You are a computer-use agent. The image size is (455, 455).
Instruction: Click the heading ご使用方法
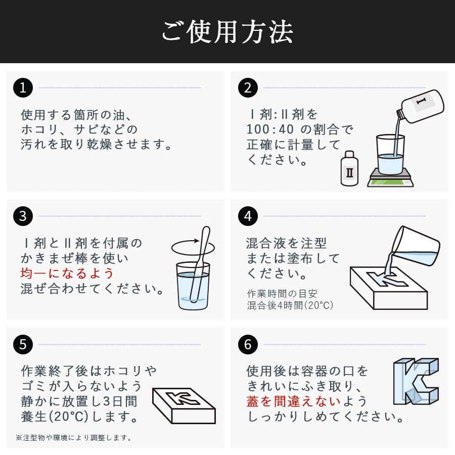pos(227,32)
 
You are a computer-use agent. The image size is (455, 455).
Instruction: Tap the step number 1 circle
pos(23,87)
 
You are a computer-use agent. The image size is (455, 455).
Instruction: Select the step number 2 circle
pos(248,87)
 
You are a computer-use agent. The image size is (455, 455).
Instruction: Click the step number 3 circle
pos(23,216)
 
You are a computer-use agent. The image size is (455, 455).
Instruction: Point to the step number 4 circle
pos(248,216)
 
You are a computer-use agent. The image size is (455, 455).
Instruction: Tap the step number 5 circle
pos(23,344)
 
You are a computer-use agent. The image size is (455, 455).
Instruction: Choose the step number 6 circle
pos(248,344)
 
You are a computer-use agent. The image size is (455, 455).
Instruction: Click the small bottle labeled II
pos(349,168)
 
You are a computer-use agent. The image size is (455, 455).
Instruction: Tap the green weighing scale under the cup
pos(390,177)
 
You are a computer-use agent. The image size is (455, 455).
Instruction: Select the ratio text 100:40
pos(270,129)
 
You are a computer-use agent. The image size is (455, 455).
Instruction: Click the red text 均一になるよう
pos(67,274)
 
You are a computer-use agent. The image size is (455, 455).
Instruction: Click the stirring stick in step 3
pos(200,264)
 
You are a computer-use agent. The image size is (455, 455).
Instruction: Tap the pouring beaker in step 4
pos(416,247)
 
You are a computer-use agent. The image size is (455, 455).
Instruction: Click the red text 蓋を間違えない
pos(293,401)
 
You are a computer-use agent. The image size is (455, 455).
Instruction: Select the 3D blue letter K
pos(416,381)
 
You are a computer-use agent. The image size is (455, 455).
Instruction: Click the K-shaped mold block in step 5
pos(184,405)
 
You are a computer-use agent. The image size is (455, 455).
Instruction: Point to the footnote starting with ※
pos(74,438)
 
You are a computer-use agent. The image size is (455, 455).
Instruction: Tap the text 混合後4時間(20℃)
pos(290,305)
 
